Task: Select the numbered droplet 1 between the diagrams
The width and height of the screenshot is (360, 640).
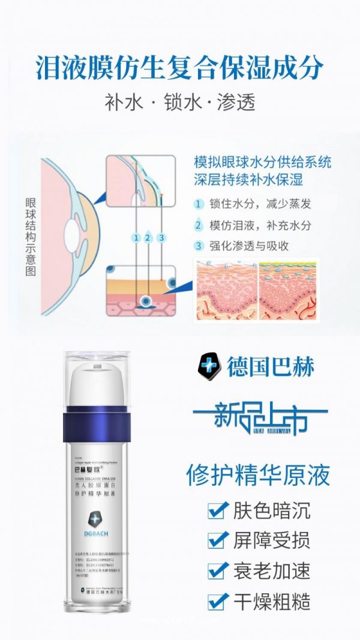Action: pos(136,238)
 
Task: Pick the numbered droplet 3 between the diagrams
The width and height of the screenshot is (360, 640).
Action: pos(161,238)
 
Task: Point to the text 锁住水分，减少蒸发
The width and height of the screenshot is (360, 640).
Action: pos(260,204)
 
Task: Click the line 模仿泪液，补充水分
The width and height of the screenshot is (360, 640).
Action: pos(260,225)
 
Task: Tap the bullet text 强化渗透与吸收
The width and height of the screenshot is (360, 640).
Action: pos(249,246)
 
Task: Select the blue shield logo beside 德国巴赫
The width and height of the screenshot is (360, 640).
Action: pos(209,366)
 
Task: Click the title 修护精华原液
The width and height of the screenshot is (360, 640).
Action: pos(258,475)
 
